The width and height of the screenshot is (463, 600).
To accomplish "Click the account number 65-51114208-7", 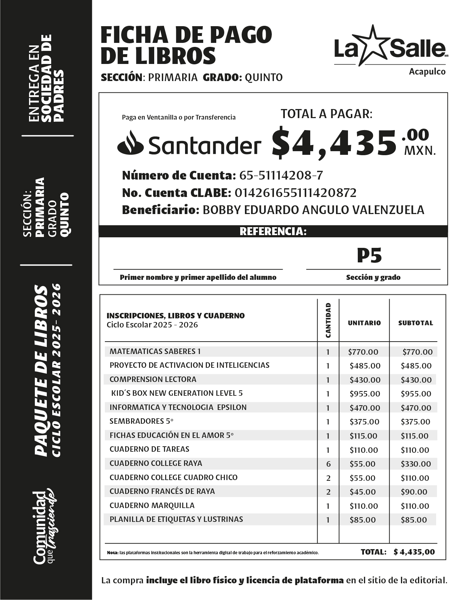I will pos(281,176).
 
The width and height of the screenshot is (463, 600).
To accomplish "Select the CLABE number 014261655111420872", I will pos(295,193).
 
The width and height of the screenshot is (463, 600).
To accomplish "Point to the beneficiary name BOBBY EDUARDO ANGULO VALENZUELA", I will pos(313,210).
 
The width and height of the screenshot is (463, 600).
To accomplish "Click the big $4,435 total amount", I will pos(334,143).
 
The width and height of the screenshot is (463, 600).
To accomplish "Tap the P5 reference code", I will pos(369,256).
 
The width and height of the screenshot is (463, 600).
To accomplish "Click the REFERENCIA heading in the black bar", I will pos(273,231).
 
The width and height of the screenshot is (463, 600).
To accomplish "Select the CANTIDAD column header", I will pos(328,320).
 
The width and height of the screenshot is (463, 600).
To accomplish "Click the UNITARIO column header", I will pos(364,323).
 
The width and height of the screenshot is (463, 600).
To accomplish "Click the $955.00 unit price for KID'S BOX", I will pos(365,394).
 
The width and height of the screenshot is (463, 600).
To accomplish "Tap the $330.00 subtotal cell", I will pos(416,464).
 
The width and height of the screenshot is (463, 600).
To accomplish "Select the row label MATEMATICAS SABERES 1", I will pos(155,351).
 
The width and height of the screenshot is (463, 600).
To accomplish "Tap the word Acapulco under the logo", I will pos(427,72).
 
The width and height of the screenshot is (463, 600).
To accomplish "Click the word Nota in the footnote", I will pos(112,553).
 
